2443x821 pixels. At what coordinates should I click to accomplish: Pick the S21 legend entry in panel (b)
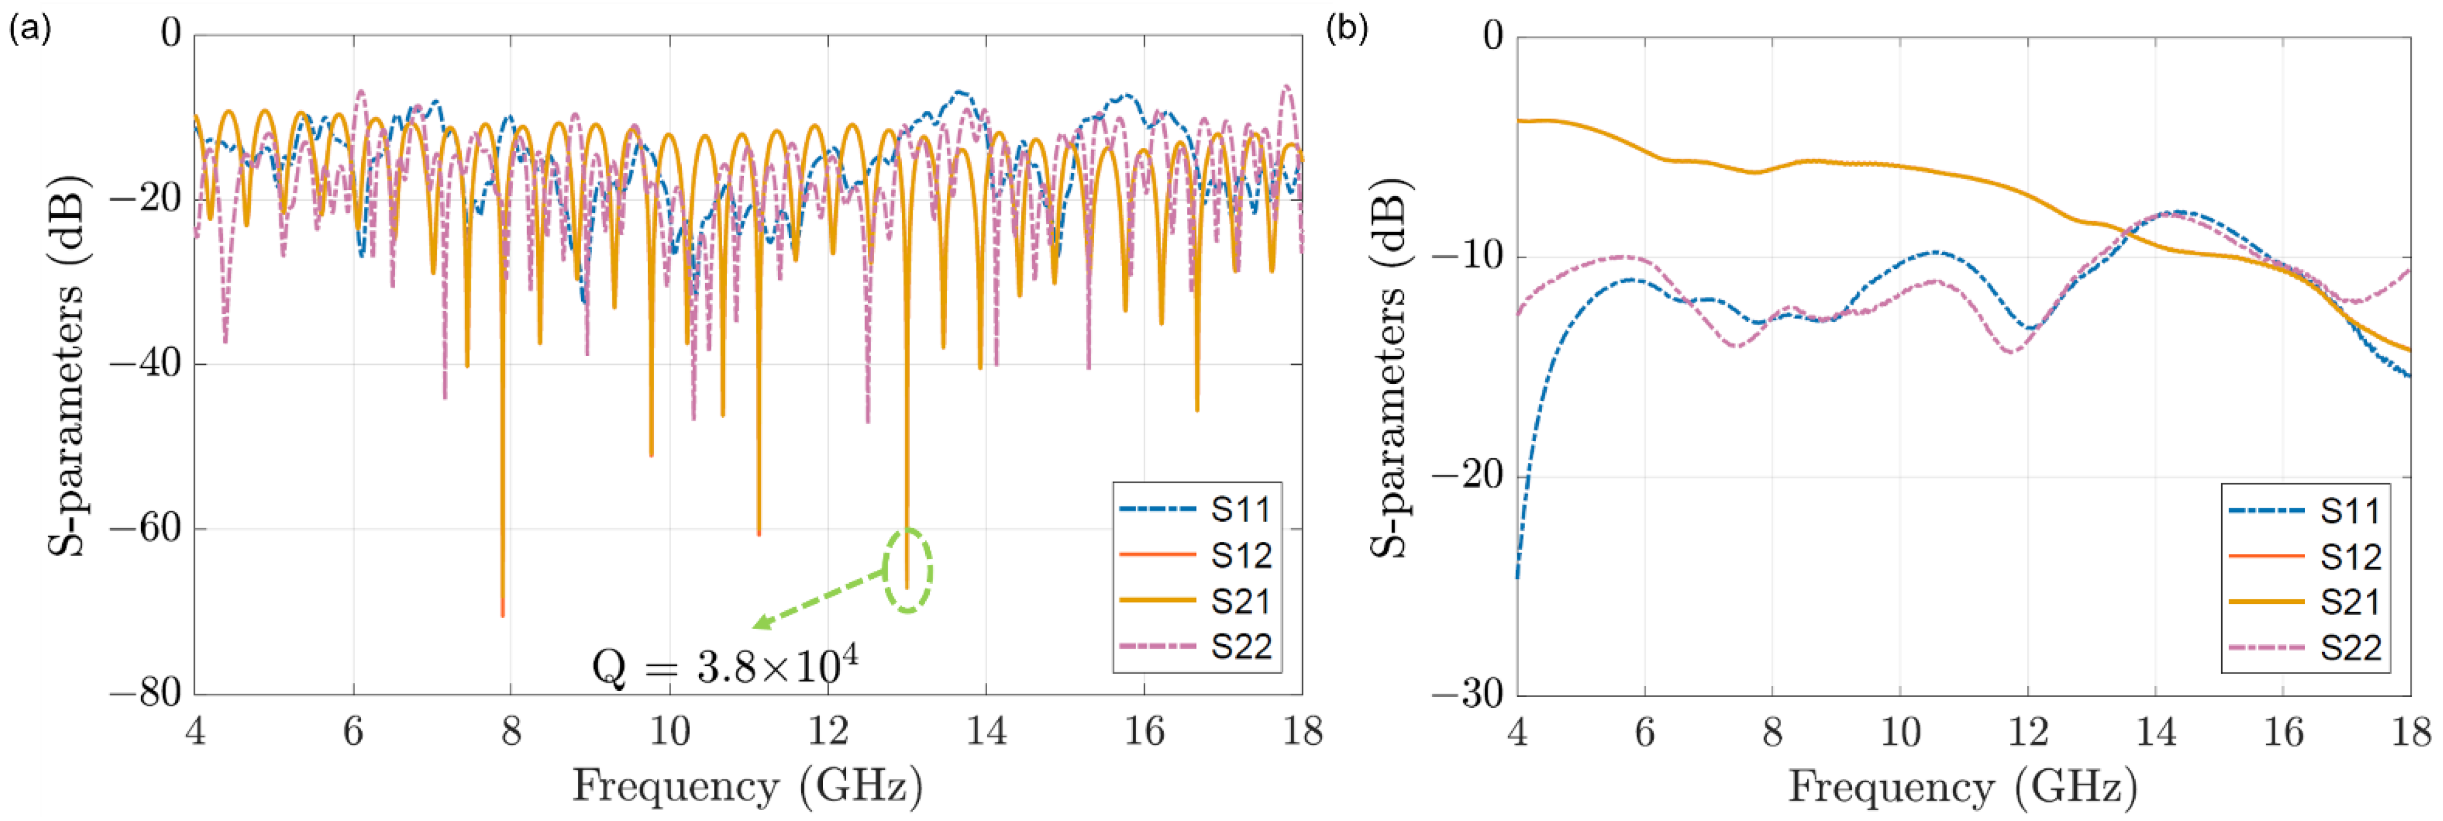pos(2305,602)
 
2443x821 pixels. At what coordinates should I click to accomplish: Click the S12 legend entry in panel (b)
pos(2305,557)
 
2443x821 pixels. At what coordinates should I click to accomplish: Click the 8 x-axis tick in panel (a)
pos(511,731)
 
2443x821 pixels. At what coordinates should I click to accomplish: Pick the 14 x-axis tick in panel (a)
pos(986,731)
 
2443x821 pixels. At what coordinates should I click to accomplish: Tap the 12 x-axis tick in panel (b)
pos(2028,732)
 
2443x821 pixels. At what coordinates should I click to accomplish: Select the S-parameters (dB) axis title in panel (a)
pos(67,365)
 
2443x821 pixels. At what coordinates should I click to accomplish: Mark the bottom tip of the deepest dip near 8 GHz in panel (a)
pos(503,616)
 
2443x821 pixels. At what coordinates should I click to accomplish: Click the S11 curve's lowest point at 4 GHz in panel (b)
pos(1518,577)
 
